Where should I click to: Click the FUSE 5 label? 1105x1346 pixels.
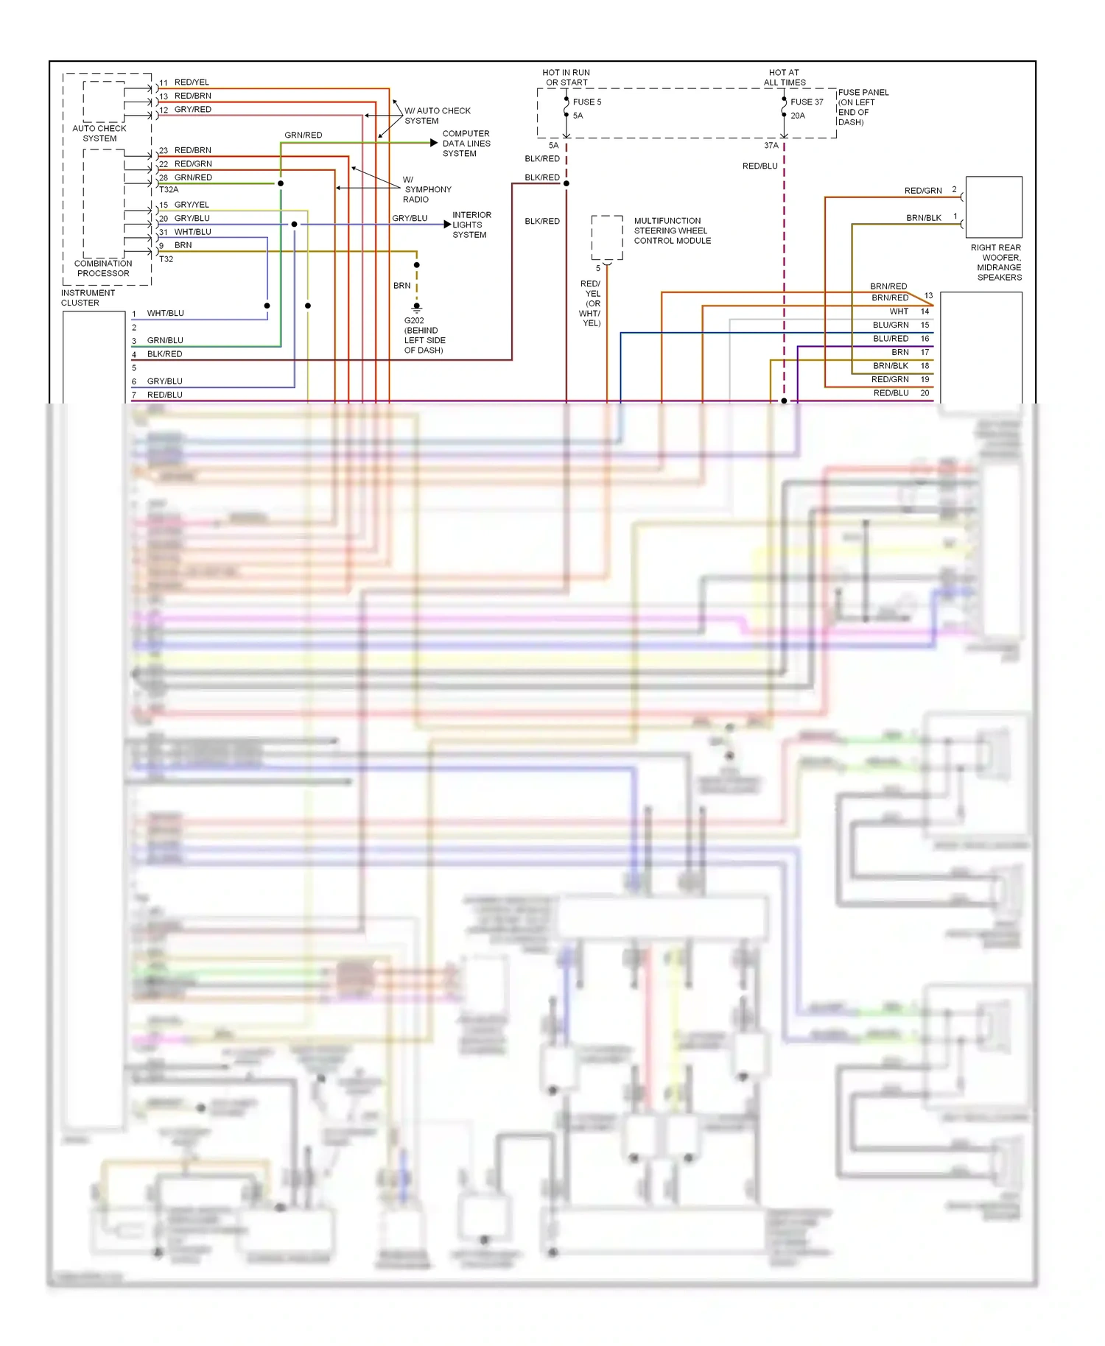pos(587,102)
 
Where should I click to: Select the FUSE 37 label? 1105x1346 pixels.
pos(807,102)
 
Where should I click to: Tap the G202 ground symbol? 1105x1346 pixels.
pos(416,307)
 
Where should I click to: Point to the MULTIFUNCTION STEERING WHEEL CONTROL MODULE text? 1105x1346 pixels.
pos(672,230)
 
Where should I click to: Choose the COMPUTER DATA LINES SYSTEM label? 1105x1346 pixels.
pos(466,144)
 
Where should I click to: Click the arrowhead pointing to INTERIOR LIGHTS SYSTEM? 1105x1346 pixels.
pos(447,225)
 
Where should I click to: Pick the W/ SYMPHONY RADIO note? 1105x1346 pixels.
pos(427,189)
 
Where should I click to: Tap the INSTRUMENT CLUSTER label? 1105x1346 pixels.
pos(88,297)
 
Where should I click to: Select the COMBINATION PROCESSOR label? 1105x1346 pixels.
pos(103,268)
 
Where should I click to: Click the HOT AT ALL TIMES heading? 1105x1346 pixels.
pos(784,77)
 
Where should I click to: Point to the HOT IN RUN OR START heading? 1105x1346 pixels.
pos(566,77)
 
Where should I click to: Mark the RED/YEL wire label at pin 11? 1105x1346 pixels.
pos(192,82)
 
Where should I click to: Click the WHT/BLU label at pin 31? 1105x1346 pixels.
pos(192,232)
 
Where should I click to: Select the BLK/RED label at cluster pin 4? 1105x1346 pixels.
pos(164,354)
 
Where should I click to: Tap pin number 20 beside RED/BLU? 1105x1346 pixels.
pos(925,393)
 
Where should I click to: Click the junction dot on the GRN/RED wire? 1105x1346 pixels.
pos(281,183)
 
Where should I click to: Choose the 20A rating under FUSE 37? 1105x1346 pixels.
pos(798,116)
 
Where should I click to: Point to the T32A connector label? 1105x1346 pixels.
pos(169,190)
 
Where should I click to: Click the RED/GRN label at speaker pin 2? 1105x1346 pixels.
pos(923,191)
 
